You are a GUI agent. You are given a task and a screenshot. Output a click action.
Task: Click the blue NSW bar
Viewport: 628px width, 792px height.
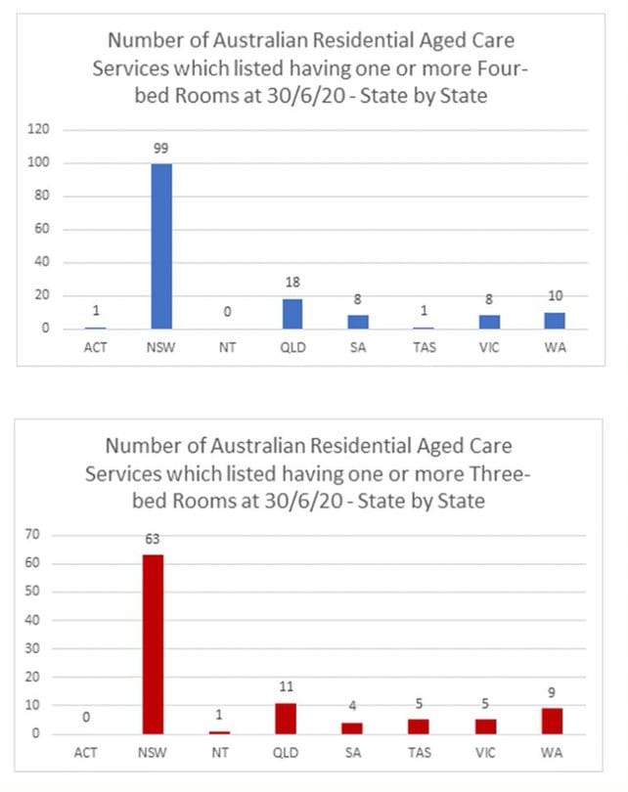click(161, 246)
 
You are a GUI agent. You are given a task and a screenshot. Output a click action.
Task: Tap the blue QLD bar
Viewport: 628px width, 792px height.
click(292, 314)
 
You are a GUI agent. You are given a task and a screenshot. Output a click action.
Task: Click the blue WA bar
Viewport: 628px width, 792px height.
click(556, 321)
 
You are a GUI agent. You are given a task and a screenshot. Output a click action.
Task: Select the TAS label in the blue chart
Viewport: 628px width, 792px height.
click(425, 347)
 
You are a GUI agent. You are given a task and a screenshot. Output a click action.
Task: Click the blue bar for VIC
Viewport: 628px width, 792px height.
click(490, 322)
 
